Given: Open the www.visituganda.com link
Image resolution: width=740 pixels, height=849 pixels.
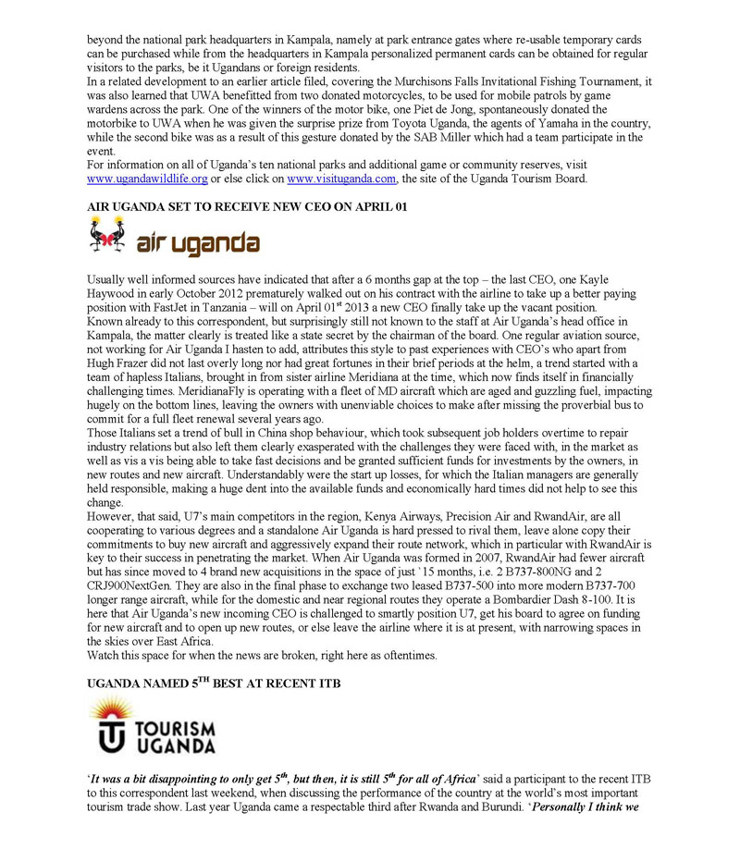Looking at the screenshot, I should coord(342,178).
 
